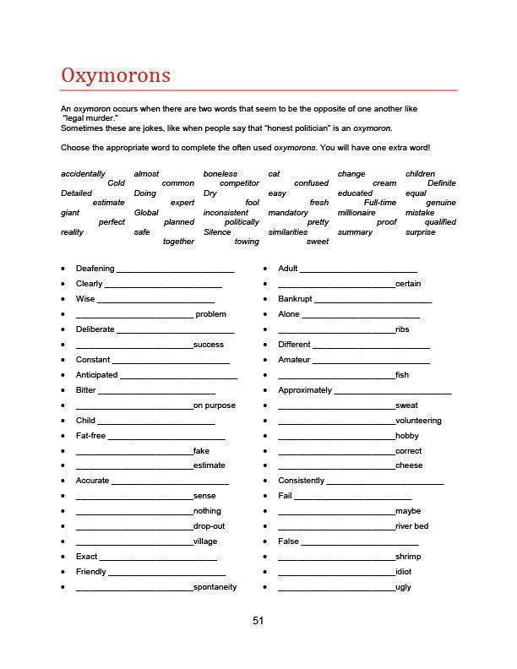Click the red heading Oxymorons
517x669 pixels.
[115, 75]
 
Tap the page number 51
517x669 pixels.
[258, 621]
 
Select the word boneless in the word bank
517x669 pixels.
[220, 174]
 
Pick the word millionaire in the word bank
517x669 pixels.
[356, 213]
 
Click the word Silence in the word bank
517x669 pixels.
[217, 232]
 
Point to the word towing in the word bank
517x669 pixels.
[247, 242]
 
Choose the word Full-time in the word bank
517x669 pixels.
[380, 203]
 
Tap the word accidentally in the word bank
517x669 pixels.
[83, 174]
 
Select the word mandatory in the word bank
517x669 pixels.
[288, 213]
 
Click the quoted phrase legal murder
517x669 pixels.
[90, 118]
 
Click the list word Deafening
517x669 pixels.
[95, 269]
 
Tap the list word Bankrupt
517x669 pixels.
[295, 299]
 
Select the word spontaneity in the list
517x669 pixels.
[215, 587]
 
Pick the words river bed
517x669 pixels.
[411, 526]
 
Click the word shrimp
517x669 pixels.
[408, 557]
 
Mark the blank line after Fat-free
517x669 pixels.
[166, 437]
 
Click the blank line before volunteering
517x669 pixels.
[335, 422]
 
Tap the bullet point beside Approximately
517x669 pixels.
[266, 391]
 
